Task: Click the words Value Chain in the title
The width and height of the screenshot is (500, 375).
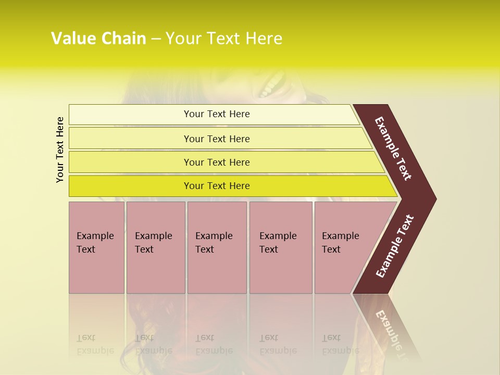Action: [x=98, y=39]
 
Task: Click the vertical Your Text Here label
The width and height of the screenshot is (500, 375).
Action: [x=60, y=149]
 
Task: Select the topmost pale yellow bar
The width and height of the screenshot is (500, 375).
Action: [x=130, y=115]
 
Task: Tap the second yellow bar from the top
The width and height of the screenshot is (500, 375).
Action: [x=130, y=139]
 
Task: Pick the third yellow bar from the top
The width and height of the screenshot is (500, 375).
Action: [x=130, y=162]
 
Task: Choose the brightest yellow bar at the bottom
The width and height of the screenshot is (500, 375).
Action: [x=130, y=186]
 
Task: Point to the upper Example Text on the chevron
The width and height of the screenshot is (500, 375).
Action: [x=393, y=148]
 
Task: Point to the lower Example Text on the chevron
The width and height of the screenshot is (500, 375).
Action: [x=395, y=246]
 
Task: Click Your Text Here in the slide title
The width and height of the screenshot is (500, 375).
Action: [x=224, y=39]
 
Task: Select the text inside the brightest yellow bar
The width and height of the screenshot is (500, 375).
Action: [x=217, y=186]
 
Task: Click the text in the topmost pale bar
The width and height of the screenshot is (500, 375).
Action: [x=217, y=114]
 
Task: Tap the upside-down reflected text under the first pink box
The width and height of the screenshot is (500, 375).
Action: [x=95, y=345]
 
